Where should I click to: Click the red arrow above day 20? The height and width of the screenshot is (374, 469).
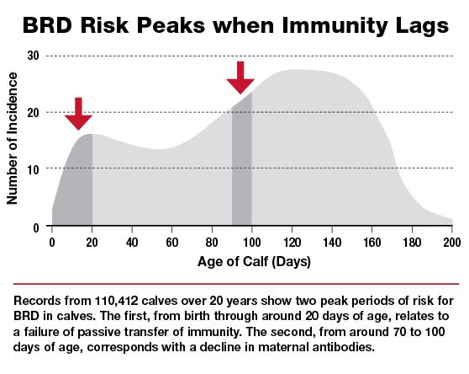tap(78, 114)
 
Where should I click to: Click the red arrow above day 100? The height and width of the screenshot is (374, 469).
tap(240, 77)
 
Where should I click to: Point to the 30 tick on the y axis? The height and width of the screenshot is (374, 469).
tap(34, 56)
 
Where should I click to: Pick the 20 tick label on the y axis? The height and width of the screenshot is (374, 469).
tap(34, 113)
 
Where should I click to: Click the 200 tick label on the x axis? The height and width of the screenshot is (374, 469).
tap(452, 242)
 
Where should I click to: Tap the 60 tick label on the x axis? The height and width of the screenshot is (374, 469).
tap(172, 242)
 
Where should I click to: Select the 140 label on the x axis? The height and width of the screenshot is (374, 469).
tap(332, 242)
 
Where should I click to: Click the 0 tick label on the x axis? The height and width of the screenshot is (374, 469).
tap(52, 242)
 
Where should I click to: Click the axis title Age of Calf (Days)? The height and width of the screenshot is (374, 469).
tap(254, 262)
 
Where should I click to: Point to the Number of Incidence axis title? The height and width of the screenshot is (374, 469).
tap(13, 139)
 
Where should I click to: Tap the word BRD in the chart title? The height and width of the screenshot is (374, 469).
tap(47, 25)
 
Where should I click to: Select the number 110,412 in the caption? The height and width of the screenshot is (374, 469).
tap(117, 301)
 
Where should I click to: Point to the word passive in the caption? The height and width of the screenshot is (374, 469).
tap(99, 332)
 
